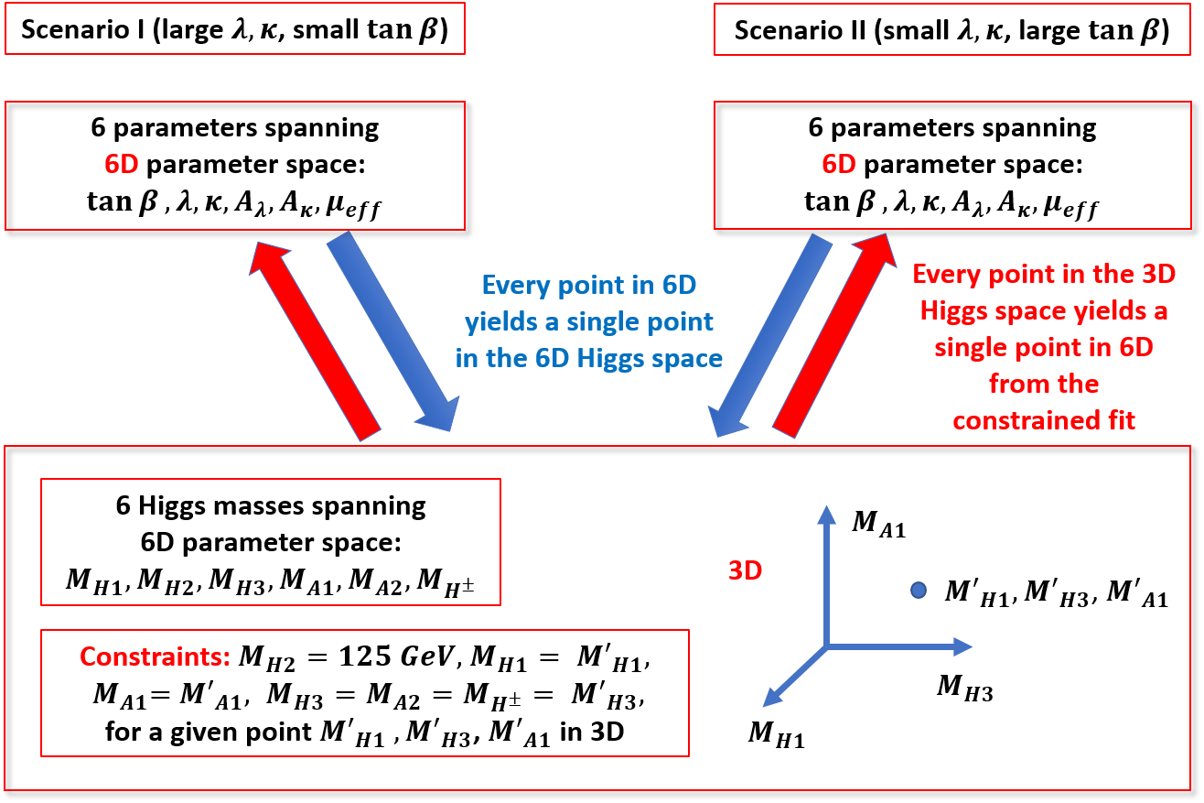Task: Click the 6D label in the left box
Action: coord(121,165)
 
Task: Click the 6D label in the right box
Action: coord(838,165)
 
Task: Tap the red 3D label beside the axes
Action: coord(745,570)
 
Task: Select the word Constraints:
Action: coord(155,657)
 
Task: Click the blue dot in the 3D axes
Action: coord(919,591)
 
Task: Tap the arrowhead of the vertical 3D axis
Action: coord(826,513)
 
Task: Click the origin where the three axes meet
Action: coord(826,646)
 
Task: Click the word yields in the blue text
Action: coord(495,322)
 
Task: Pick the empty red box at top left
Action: coord(235,28)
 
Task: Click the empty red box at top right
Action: coord(951,30)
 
